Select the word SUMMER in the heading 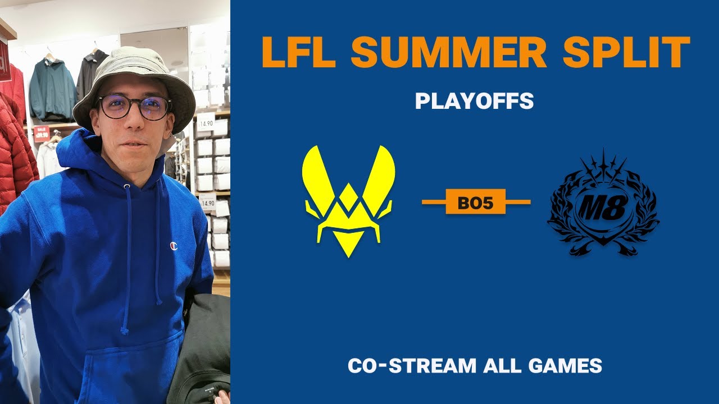[x=448, y=52]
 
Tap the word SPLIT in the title [x=626, y=52]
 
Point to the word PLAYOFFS [x=475, y=101]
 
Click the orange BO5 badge [x=475, y=201]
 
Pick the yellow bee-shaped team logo [x=349, y=201]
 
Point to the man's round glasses [x=135, y=107]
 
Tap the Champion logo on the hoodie [x=174, y=246]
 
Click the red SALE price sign [x=42, y=134]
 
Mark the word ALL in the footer [x=502, y=365]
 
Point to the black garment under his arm [x=202, y=350]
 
